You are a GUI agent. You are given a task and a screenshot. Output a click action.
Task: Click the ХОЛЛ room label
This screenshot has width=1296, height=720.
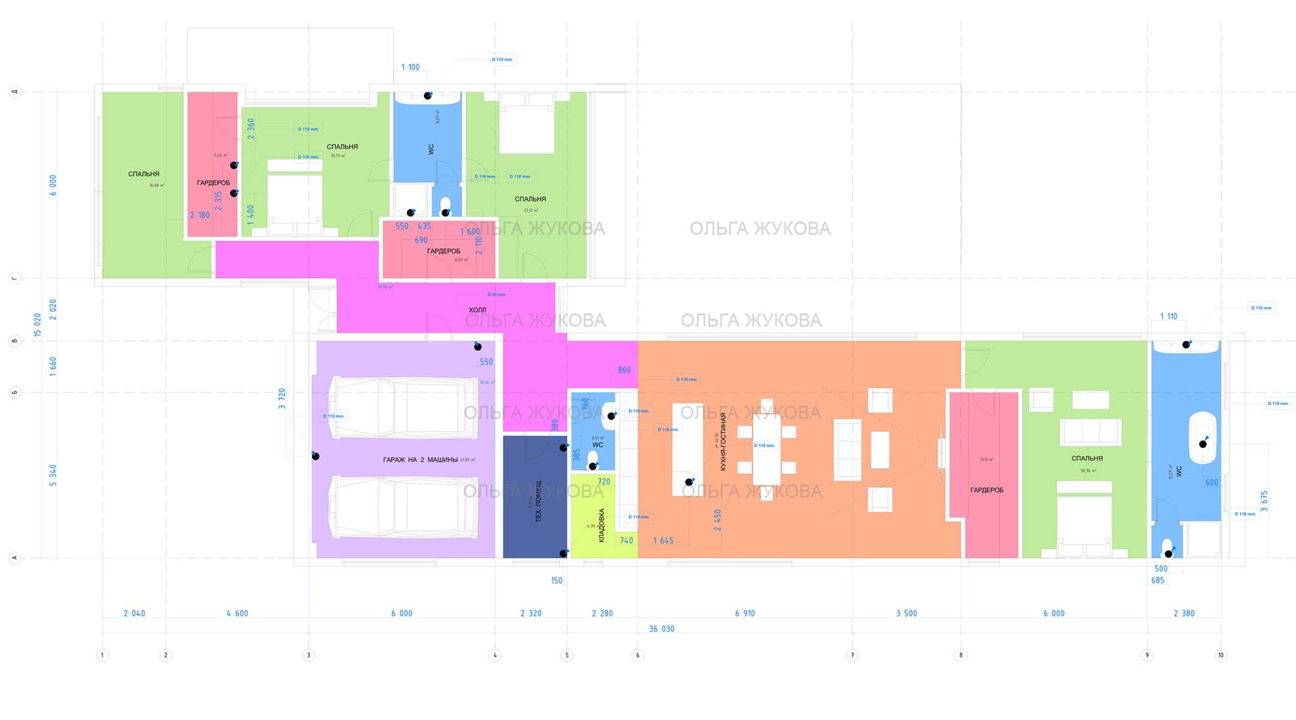[x=477, y=310]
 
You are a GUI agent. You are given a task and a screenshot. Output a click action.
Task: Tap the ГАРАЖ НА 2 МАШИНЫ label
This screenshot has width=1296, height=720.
[x=420, y=460]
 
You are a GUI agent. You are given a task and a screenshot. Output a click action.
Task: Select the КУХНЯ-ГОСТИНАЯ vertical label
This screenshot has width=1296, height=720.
[x=723, y=441]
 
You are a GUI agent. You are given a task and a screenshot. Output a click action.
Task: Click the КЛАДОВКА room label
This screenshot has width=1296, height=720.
[x=601, y=526]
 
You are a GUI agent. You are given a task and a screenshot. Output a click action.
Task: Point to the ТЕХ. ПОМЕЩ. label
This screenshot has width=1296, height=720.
[x=538, y=501]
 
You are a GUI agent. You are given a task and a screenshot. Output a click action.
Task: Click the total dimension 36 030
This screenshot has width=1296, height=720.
[x=661, y=629]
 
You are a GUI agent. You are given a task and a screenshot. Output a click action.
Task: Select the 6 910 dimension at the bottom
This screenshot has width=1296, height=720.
[x=745, y=613]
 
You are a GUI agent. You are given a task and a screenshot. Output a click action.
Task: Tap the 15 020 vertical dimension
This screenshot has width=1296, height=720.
[x=38, y=325]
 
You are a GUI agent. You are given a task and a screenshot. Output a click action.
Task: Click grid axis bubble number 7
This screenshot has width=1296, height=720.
[x=852, y=655]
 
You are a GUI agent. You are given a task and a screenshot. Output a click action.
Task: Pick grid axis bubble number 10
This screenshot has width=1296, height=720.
[x=1220, y=655]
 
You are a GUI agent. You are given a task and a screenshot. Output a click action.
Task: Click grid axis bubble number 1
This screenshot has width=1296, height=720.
[x=103, y=655]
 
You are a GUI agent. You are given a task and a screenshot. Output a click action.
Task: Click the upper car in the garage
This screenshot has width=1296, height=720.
[x=403, y=408]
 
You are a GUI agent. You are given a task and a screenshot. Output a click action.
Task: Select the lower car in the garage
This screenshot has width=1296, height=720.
[x=403, y=507]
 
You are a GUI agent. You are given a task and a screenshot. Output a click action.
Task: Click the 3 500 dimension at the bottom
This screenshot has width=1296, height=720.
[x=906, y=613]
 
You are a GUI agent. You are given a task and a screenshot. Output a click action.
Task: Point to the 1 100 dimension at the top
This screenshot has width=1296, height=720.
[x=410, y=67]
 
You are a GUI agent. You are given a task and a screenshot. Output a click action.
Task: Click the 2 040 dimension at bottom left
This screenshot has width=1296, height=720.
[x=134, y=613]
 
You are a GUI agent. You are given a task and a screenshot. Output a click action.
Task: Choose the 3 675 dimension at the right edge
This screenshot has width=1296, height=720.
[x=1264, y=501]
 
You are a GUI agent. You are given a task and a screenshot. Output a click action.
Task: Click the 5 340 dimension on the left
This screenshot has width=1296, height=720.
[x=53, y=475]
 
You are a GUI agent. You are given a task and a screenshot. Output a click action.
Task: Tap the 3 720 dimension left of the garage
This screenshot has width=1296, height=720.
[x=282, y=399]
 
